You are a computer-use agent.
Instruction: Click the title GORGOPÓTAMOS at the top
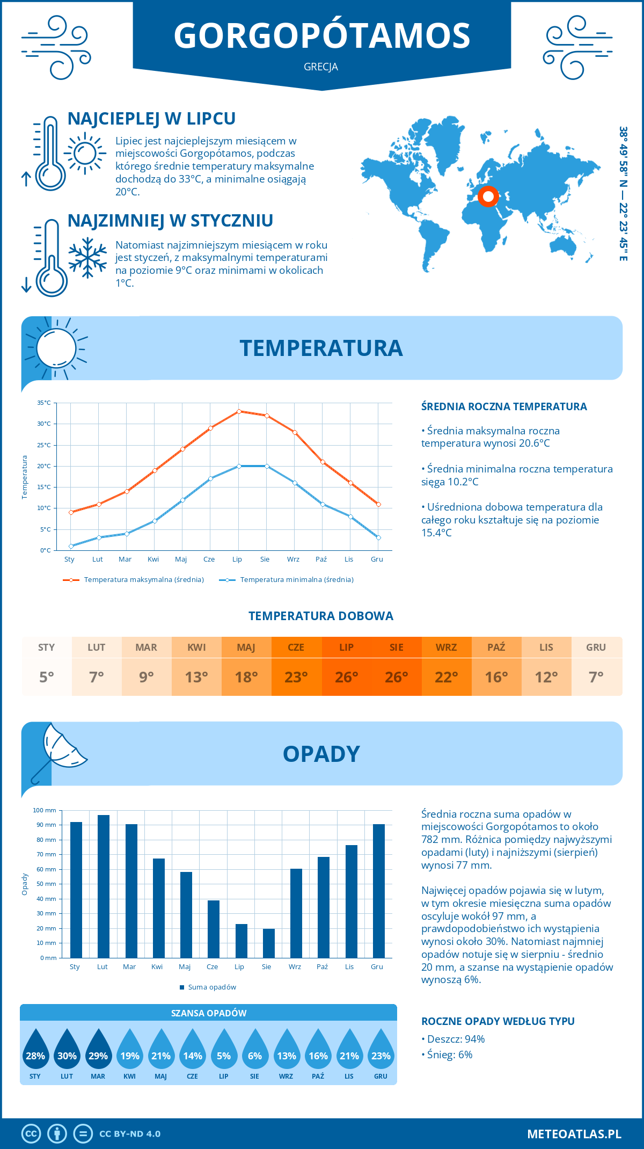pyautogui.click(x=322, y=35)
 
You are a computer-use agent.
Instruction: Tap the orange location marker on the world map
pyautogui.click(x=488, y=197)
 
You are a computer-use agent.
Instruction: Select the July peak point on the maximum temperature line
pyautogui.click(x=239, y=411)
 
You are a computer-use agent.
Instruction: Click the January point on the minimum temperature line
pyautogui.click(x=71, y=546)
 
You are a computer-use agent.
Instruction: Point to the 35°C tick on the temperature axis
pyautogui.click(x=44, y=403)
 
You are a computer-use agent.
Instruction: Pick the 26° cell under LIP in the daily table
pyautogui.click(x=346, y=677)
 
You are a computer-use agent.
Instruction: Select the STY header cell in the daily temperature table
pyautogui.click(x=47, y=648)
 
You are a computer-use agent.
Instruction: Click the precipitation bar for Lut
pyautogui.click(x=104, y=886)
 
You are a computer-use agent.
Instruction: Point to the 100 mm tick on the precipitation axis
pyautogui.click(x=45, y=810)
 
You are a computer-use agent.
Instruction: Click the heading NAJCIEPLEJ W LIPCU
pyautogui.click(x=151, y=119)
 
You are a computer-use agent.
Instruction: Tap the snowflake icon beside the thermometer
pyautogui.click(x=87, y=257)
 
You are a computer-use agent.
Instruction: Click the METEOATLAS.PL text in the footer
pyautogui.click(x=574, y=1134)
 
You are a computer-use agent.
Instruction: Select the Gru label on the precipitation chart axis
pyautogui.click(x=377, y=967)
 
